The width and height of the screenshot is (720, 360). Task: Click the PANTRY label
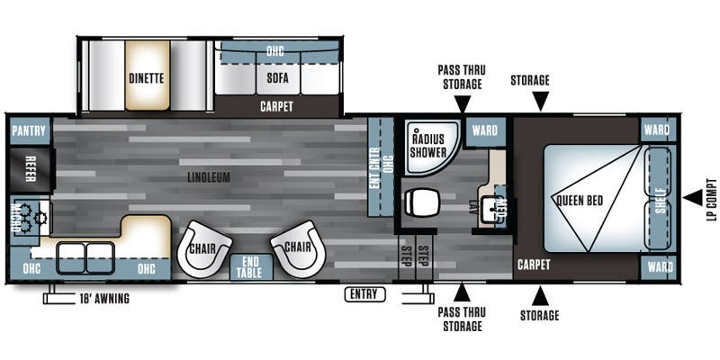pyautogui.click(x=29, y=130)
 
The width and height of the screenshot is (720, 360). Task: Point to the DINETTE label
pyautogui.click(x=146, y=77)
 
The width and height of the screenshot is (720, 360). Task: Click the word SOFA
pyautogui.click(x=276, y=77)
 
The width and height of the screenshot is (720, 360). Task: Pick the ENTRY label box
pyautogui.click(x=364, y=294)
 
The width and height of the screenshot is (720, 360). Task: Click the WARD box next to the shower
pyautogui.click(x=484, y=130)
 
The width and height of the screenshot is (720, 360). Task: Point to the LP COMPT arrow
pyautogui.click(x=690, y=196)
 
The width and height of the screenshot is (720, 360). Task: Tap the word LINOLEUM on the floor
pyautogui.click(x=209, y=178)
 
